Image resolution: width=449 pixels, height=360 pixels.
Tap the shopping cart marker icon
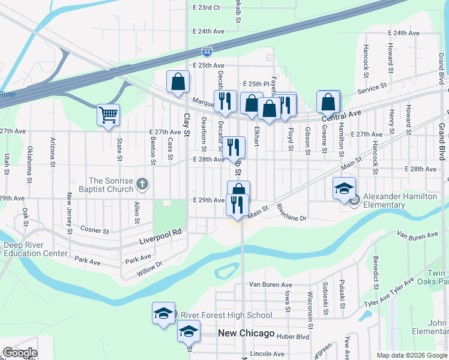coord(108,114)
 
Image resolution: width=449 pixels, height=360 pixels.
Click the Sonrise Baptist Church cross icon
coord(142,184)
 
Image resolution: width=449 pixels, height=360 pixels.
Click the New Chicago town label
coord(246,333)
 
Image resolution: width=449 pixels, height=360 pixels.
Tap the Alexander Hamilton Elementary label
coord(399,200)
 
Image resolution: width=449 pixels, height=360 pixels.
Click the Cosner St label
coord(95,230)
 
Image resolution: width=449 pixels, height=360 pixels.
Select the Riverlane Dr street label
coord(292,214)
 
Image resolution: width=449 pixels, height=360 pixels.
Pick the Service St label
coord(372,88)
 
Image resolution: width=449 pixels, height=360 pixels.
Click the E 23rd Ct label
coord(206,7)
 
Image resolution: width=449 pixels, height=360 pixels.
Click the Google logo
coord(20,353)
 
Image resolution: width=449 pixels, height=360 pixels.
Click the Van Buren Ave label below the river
coord(270,284)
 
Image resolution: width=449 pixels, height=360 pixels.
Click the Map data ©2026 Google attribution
coord(411,355)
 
